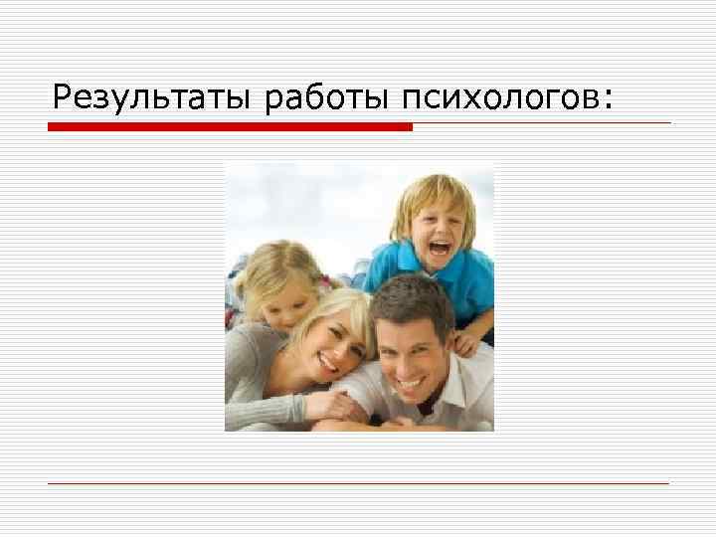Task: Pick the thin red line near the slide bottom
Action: click(358, 483)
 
